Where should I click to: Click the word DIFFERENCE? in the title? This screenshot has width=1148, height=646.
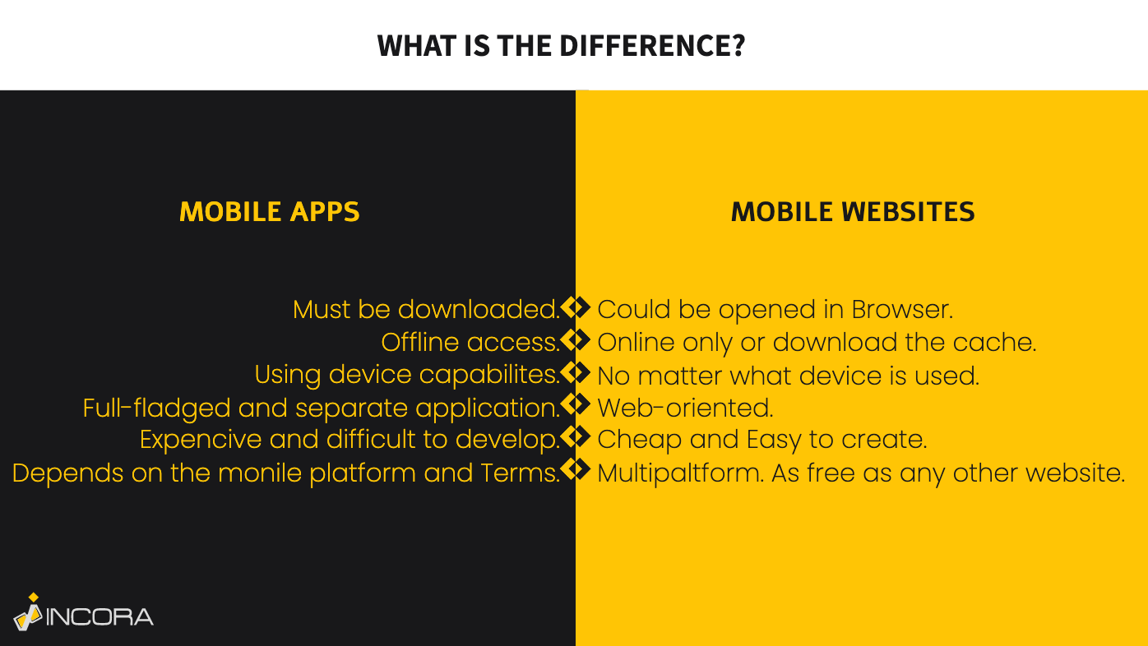click(652, 45)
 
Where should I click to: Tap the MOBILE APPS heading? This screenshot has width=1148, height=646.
click(270, 211)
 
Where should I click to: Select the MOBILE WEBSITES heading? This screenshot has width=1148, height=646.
click(853, 211)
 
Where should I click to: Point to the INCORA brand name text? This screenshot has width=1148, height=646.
click(100, 616)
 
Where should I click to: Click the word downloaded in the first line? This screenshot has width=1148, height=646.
click(479, 309)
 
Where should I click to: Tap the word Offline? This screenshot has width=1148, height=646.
click(419, 342)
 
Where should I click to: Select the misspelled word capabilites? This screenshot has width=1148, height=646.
click(489, 375)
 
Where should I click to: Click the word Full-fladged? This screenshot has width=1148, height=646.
click(156, 408)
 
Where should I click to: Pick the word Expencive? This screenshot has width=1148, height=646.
click(201, 440)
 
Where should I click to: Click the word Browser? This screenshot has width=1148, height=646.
click(902, 309)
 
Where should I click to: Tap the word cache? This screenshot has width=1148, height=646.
click(995, 342)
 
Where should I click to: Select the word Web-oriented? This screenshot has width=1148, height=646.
click(685, 408)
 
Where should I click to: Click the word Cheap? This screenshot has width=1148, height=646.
click(640, 440)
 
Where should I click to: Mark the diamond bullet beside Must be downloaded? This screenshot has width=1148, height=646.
click(576, 307)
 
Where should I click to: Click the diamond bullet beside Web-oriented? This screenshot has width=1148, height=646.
click(576, 404)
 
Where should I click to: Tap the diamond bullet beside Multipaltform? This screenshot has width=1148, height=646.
click(576, 468)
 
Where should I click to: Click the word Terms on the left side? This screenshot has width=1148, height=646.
click(520, 473)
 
